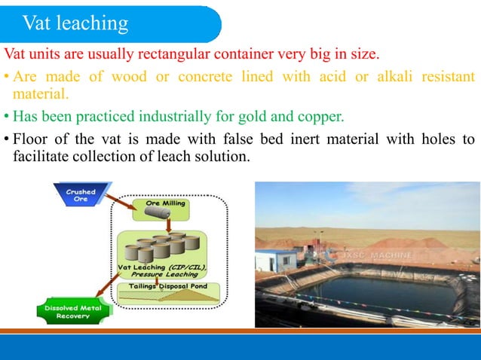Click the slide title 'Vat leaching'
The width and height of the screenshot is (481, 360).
click(x=75, y=23)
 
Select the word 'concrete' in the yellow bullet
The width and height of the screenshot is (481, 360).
click(x=204, y=77)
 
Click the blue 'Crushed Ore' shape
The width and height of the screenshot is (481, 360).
click(x=80, y=195)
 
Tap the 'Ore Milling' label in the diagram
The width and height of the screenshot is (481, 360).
click(x=165, y=204)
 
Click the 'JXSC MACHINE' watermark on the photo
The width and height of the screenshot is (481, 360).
click(x=376, y=256)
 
